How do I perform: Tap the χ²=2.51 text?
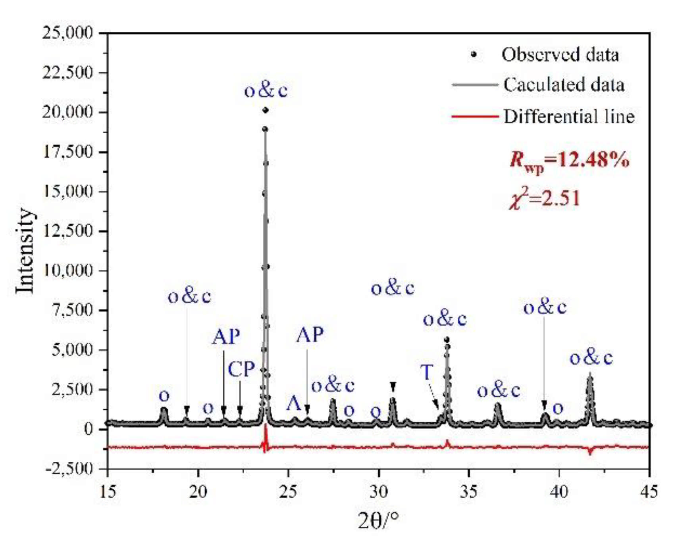[x=545, y=198]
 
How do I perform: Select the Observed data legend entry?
[x=560, y=55]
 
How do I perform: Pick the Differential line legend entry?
[x=568, y=117]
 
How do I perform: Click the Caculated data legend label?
[x=564, y=85]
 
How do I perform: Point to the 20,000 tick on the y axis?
[x=67, y=112]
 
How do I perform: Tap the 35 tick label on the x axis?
[x=468, y=491]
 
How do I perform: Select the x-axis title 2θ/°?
[x=377, y=520]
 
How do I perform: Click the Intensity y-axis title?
[x=25, y=251]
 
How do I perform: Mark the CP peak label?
[x=241, y=370]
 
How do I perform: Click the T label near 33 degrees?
[x=427, y=372]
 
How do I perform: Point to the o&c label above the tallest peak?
[x=266, y=91]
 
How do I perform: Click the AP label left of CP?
[x=226, y=337]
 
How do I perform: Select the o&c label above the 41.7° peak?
[x=591, y=358]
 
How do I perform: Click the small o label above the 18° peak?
[x=164, y=395]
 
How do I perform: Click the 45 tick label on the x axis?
[x=649, y=491]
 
